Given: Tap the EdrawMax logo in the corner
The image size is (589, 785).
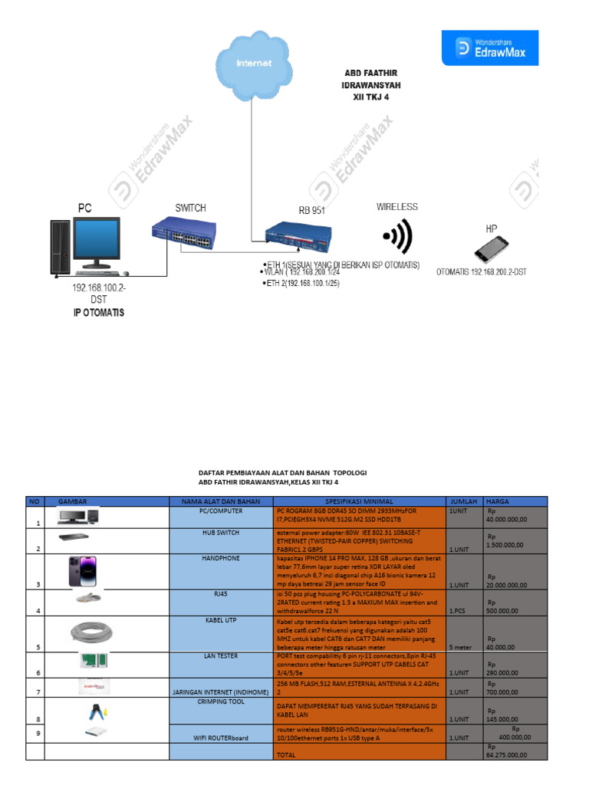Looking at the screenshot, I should (490, 48).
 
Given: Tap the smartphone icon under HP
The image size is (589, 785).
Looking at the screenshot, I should (491, 250).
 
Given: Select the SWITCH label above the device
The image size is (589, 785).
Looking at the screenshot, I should (190, 208).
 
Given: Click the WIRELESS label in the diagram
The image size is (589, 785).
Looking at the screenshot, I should (397, 207).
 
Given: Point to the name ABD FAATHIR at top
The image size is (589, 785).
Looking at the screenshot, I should (371, 74).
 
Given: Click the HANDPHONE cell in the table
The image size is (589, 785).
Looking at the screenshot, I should (221, 558).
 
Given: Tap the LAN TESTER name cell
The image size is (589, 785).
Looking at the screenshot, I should (221, 656).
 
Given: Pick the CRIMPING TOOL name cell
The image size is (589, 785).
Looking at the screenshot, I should (221, 701).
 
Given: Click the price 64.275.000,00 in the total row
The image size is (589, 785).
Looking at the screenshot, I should (506, 754).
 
